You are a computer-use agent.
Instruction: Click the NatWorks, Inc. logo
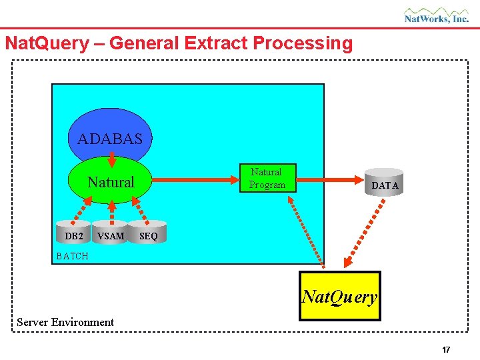[x=437, y=15]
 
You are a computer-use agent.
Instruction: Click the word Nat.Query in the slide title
[x=46, y=43]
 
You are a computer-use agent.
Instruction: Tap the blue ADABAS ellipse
[x=110, y=133]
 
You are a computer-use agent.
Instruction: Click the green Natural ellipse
[x=111, y=182]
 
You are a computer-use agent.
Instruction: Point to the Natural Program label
[x=267, y=179]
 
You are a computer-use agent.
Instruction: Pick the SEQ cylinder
[x=148, y=233]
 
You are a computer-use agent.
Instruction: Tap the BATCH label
[x=72, y=256]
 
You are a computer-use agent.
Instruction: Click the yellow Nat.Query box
[x=339, y=296]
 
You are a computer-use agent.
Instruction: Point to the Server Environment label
[x=65, y=322]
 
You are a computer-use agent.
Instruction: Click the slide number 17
[x=446, y=349]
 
